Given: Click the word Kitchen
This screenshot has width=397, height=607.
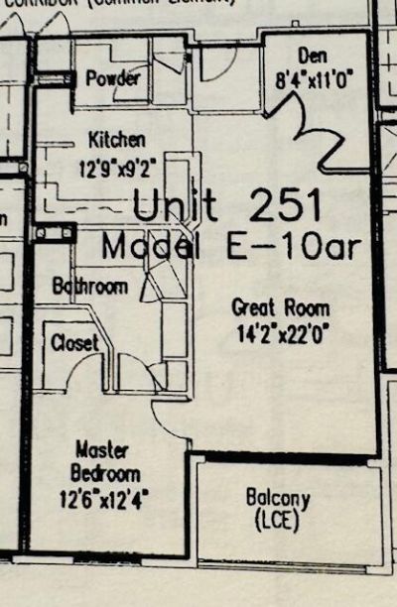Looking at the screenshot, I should pos(116,139).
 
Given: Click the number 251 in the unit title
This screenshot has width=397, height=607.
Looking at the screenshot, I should pos(286,207).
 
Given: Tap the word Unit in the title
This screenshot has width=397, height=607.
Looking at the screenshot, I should pos(175,207).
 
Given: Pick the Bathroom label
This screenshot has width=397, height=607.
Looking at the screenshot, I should pos(90,287).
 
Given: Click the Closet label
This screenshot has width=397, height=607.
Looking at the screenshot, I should pos(74,342).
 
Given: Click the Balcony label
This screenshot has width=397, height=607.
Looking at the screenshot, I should pos(277,498).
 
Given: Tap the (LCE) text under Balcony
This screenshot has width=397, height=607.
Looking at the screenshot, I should pos(277,518).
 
